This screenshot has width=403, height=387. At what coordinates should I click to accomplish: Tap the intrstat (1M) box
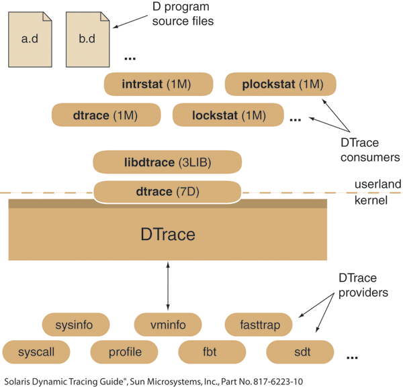159,85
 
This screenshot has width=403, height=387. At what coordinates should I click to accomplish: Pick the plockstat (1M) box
279,85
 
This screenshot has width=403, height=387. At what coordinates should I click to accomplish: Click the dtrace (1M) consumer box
105,115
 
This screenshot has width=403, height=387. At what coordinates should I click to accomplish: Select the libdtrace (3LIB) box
167,162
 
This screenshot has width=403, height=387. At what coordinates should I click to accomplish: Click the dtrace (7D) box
167,192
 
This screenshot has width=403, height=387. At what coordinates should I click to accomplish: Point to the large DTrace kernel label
168,235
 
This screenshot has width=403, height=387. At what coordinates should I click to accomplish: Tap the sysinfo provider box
76,325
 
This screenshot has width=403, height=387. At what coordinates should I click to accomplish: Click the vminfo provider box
168,325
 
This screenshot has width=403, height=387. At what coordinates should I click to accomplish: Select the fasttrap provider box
258,325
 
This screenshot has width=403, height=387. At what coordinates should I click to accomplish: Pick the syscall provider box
37,351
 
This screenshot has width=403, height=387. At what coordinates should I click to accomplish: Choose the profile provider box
124,351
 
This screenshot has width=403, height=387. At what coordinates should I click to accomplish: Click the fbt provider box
212,351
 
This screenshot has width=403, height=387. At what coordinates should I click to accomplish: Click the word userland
377,184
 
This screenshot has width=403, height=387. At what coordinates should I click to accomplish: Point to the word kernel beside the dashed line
371,200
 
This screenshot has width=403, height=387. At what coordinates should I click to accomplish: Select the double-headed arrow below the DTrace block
168,286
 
